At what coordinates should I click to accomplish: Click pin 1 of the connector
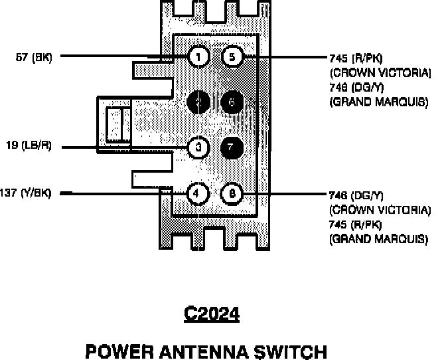pyautogui.click(x=198, y=56)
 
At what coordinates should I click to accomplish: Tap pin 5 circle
pyautogui.click(x=232, y=56)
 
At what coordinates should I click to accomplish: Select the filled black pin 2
pyautogui.click(x=198, y=102)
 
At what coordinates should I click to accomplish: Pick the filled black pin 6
pyautogui.click(x=232, y=102)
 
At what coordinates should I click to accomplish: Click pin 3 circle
pyautogui.click(x=198, y=147)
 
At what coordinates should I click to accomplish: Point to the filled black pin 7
pyautogui.click(x=232, y=147)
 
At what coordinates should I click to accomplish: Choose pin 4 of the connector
pyautogui.click(x=198, y=193)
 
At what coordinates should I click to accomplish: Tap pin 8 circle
pyautogui.click(x=232, y=193)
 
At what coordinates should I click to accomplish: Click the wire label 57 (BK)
pyautogui.click(x=33, y=57)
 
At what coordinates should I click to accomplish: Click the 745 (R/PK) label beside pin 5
pyautogui.click(x=356, y=57)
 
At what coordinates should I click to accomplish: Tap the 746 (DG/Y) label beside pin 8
pyautogui.click(x=356, y=195)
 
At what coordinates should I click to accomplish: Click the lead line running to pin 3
pyautogui.click(x=126, y=147)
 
